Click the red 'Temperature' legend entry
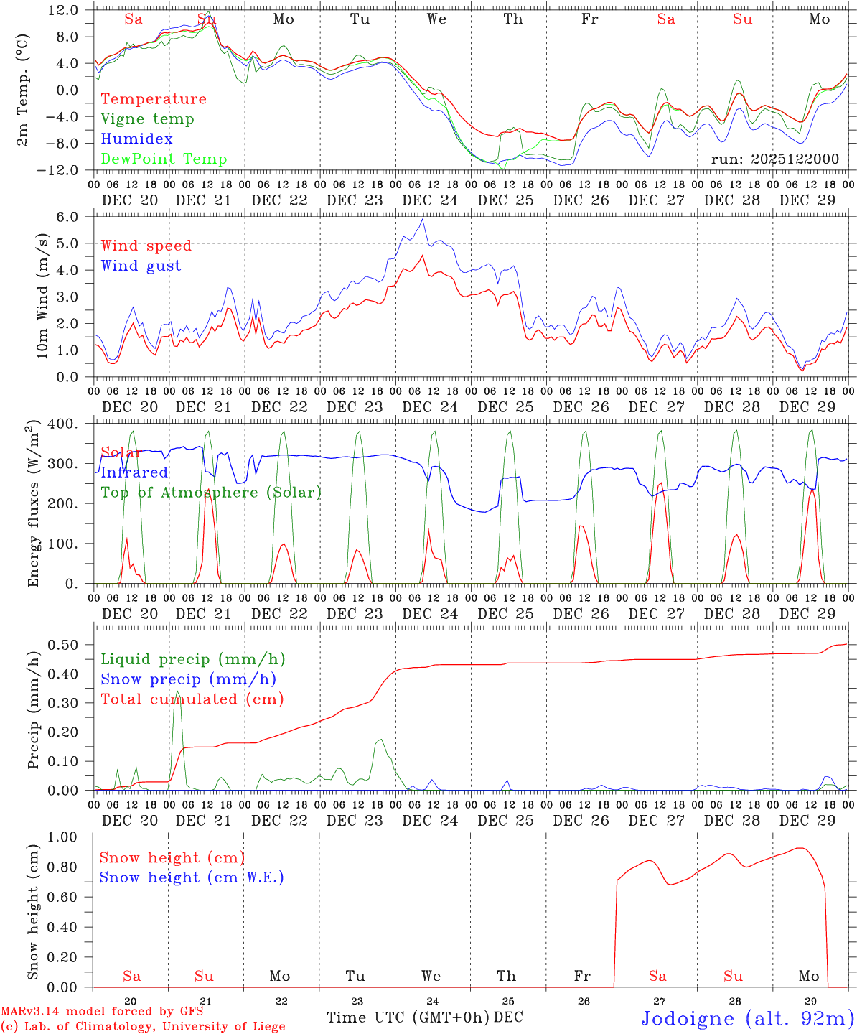pyautogui.click(x=153, y=99)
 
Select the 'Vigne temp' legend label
pyautogui.click(x=147, y=119)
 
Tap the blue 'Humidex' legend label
pyautogui.click(x=136, y=139)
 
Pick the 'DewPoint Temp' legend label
pyautogui.click(x=164, y=159)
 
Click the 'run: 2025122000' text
pyautogui.click(x=774, y=159)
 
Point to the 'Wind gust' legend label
pyautogui.click(x=141, y=266)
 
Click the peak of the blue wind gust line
pyautogui.click(x=423, y=220)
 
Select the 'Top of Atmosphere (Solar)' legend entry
pyautogui.click(x=210, y=493)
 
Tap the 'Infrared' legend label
pyautogui.click(x=134, y=472)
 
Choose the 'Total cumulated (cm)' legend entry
pyautogui.click(x=192, y=699)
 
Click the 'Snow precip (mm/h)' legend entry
pyautogui.click(x=188, y=679)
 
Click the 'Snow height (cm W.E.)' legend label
pyautogui.click(x=191, y=877)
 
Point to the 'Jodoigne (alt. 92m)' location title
pyautogui.click(x=747, y=1018)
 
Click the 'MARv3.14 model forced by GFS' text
pyautogui.click(x=101, y=1012)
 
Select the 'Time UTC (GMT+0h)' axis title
pyautogui.click(x=408, y=1017)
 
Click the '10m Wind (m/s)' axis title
pyautogui.click(x=43, y=296)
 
